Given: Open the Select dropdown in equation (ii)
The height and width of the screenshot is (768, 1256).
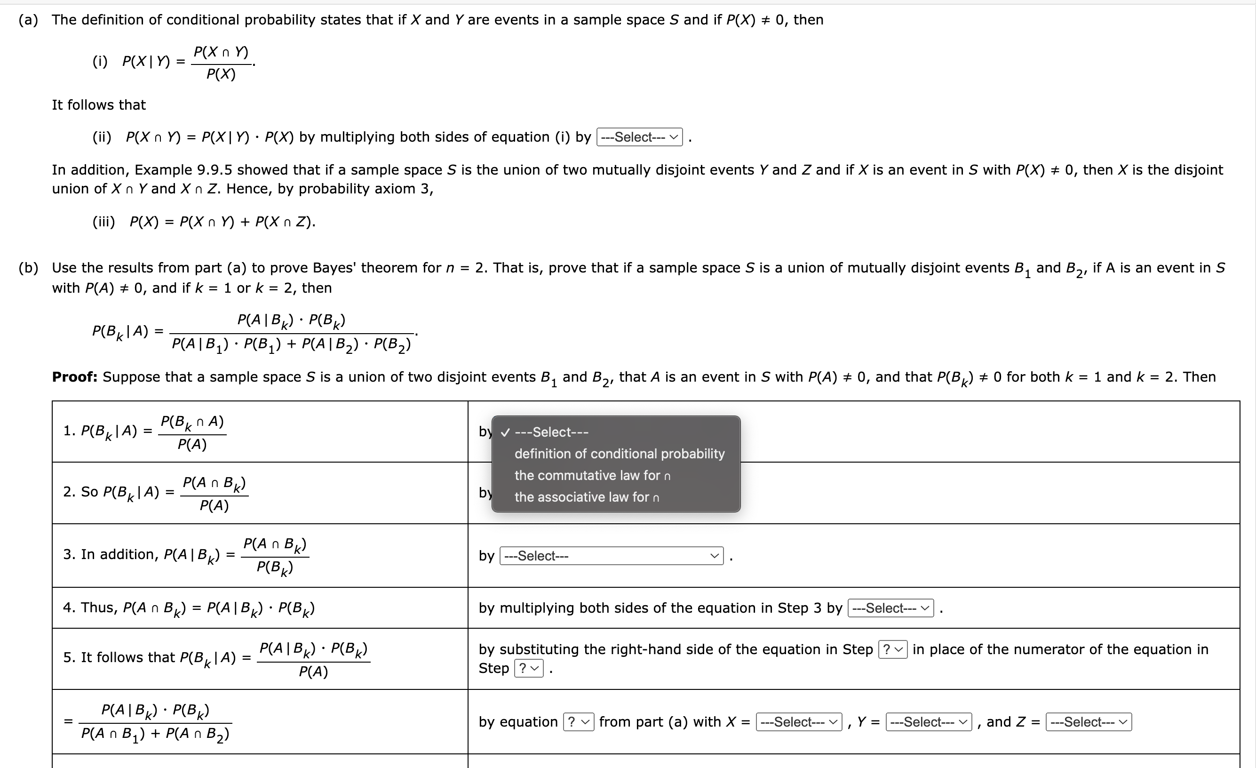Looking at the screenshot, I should tap(639, 137).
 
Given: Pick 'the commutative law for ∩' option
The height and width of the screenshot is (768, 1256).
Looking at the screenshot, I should tap(592, 475).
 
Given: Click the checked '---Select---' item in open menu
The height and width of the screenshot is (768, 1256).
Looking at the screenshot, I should tap(551, 432).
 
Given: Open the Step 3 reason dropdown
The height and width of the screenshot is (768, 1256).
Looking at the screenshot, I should tap(611, 556).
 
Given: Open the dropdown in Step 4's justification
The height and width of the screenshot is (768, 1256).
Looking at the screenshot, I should tap(890, 608).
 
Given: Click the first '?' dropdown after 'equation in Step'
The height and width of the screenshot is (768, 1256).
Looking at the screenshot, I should tap(892, 649).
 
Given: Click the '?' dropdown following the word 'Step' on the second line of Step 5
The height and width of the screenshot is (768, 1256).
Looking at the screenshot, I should tap(529, 668).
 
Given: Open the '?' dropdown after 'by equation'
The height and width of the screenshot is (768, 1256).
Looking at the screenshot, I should tap(578, 721).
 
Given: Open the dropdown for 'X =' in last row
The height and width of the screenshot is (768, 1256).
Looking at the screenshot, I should tap(798, 721).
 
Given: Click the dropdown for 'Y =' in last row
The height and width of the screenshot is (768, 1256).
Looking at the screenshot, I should tap(928, 721).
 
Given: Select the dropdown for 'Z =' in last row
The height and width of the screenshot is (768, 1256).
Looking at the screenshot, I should tap(1088, 721).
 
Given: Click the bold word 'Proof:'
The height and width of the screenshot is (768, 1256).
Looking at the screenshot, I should tap(74, 377).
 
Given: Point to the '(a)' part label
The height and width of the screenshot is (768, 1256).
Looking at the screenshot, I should tap(29, 20).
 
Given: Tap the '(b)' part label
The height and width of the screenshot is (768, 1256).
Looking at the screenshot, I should tap(29, 268).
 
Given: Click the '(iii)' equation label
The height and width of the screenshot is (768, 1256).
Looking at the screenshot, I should tap(103, 222).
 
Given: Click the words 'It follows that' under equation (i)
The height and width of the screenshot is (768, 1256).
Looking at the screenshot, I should tap(98, 105).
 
